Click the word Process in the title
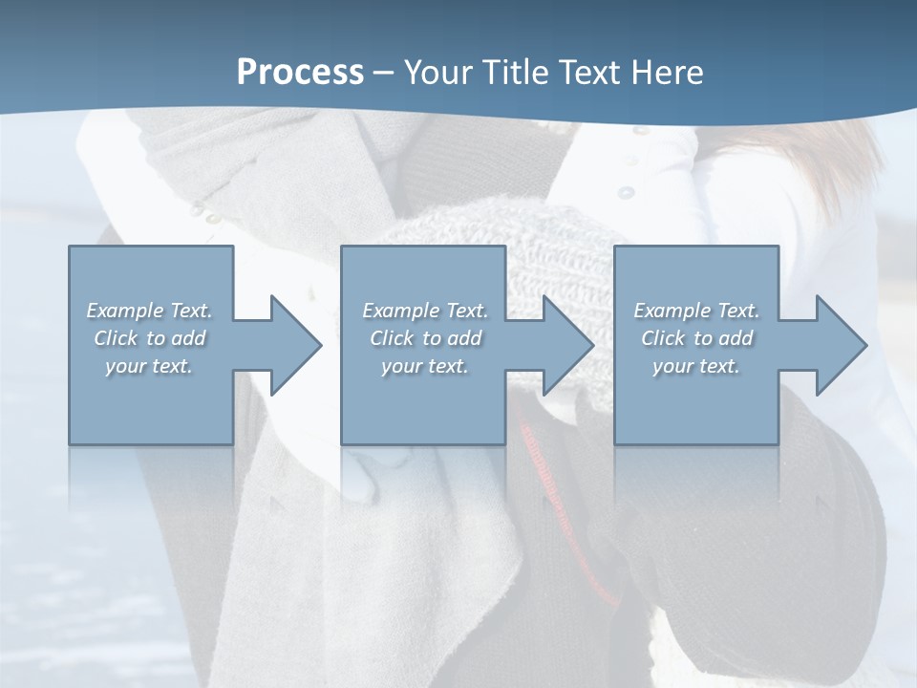[300, 73]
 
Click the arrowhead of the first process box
[290, 345]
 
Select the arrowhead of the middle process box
[564, 345]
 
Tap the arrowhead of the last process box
[837, 345]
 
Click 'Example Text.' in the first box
[149, 311]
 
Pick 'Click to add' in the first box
[149, 338]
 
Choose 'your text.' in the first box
[149, 366]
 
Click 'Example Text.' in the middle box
[424, 311]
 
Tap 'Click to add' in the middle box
[424, 338]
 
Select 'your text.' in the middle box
[424, 366]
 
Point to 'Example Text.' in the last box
[696, 311]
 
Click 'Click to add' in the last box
[696, 338]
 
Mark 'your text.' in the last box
[696, 366]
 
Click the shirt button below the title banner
[626, 192]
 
